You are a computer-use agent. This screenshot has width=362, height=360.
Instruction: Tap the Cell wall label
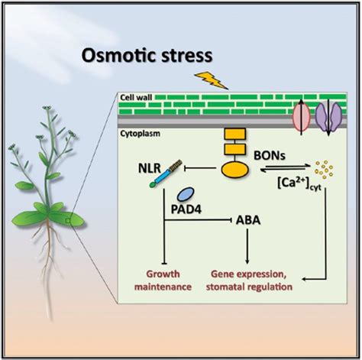click(x=136, y=97)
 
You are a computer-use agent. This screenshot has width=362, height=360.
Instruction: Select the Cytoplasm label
click(x=140, y=133)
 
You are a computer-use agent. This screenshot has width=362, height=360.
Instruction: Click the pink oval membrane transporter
click(x=301, y=116)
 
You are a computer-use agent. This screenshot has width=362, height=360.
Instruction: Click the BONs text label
click(x=270, y=155)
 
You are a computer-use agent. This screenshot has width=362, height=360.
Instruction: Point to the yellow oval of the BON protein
click(x=234, y=170)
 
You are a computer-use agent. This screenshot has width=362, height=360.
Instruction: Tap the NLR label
click(x=150, y=168)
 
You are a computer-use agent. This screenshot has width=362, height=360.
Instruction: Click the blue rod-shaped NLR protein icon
click(x=166, y=174)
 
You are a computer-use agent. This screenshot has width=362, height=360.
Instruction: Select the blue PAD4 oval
click(x=186, y=195)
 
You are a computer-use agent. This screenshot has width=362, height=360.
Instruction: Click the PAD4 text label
click(x=186, y=209)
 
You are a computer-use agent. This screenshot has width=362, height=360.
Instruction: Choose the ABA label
click(x=248, y=220)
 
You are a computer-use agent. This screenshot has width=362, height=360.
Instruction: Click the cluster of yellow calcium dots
click(x=324, y=170)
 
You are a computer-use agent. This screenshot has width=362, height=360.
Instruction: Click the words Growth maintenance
click(x=163, y=281)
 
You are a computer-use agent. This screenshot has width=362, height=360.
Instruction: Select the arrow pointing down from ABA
click(x=247, y=246)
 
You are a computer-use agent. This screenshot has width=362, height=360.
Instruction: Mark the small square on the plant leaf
click(x=68, y=221)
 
